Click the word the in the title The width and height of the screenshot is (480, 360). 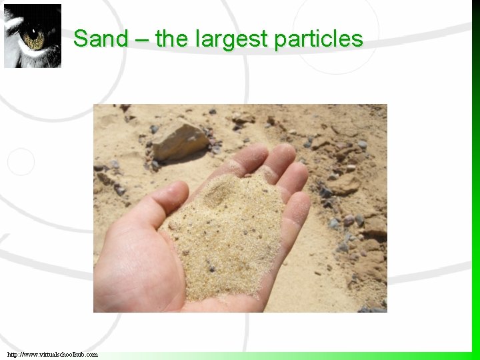click(x=172, y=39)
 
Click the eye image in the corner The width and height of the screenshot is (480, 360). click(x=33, y=36)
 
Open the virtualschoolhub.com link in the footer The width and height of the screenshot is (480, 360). click(x=53, y=355)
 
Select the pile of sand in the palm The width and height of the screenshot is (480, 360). click(x=230, y=233)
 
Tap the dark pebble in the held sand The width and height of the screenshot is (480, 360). click(x=212, y=269)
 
